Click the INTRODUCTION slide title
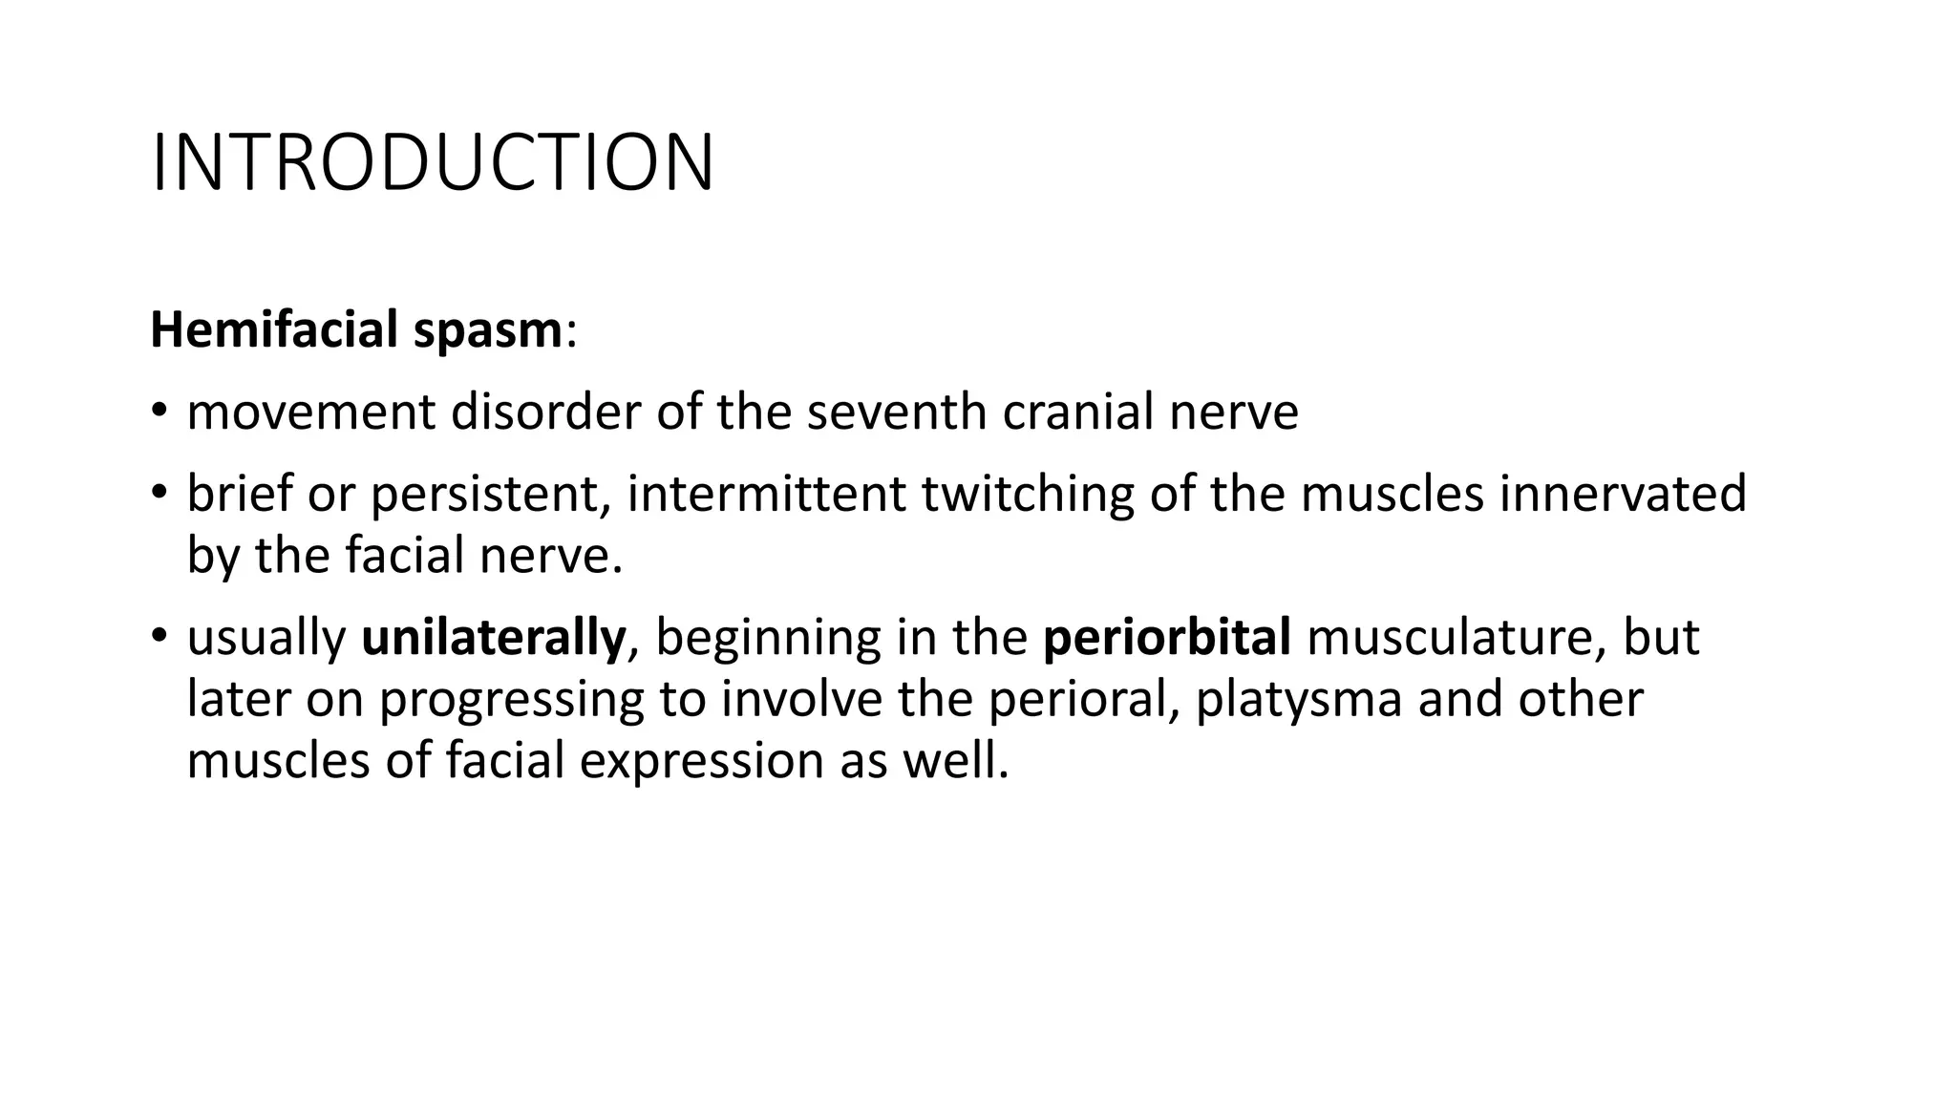click(432, 163)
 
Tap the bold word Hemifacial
click(274, 330)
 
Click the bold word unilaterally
click(493, 638)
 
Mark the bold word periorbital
click(1167, 638)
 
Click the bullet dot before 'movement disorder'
click(159, 412)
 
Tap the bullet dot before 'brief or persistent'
click(159, 495)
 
